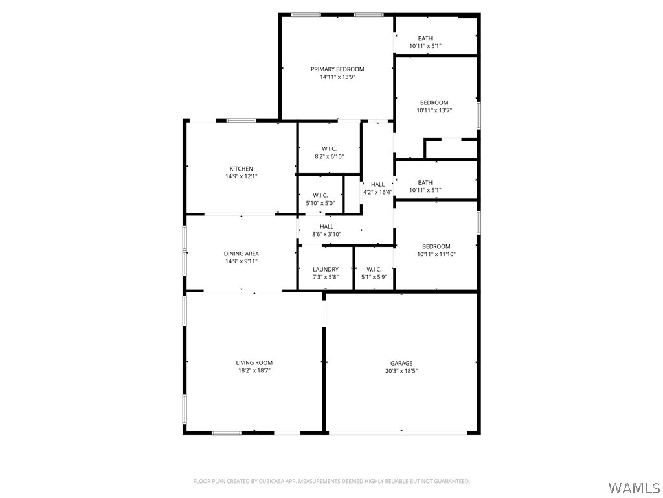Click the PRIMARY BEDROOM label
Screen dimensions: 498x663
337,69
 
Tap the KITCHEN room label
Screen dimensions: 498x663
241,169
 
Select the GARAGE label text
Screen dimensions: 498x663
401,363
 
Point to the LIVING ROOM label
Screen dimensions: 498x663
254,362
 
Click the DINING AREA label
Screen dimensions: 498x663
241,254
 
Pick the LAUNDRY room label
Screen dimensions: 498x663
325,269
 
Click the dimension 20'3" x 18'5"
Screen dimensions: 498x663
401,372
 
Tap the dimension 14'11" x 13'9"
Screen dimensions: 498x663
337,77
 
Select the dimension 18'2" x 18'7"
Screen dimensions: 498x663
254,371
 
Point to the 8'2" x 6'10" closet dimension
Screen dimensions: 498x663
329,156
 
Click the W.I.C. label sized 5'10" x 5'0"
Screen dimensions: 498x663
320,195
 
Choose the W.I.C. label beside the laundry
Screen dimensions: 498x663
374,269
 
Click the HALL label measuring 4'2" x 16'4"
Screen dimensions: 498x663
377,185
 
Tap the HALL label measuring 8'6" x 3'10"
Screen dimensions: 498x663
326,226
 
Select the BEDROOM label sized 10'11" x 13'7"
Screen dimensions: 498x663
434,102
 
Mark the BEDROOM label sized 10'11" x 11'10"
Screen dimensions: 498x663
436,246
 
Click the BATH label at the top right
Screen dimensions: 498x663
425,38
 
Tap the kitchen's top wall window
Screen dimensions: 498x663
240,120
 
